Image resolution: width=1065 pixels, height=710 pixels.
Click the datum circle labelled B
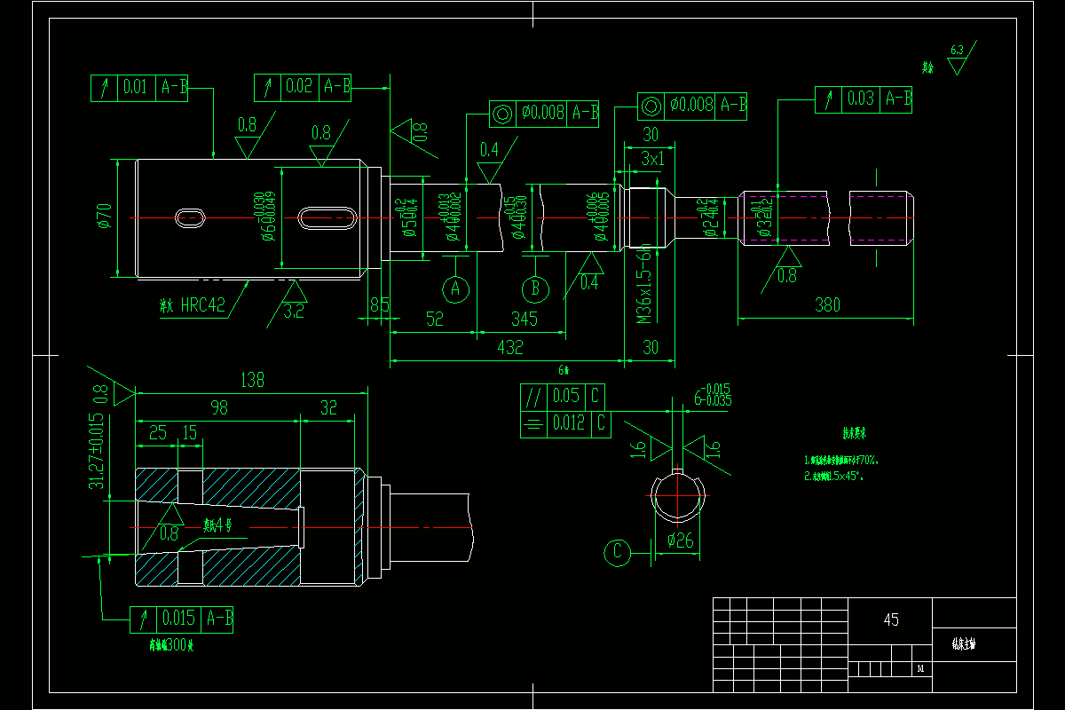535,288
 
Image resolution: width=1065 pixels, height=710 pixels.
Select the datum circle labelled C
617,553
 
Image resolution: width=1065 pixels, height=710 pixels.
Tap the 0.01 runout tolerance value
135,87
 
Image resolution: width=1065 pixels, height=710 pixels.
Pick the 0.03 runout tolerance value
860,99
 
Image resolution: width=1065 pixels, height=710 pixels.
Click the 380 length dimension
826,305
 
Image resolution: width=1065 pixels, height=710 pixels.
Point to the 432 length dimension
509,347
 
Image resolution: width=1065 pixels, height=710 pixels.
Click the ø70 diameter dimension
105,217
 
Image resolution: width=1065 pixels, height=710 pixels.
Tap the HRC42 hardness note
203,305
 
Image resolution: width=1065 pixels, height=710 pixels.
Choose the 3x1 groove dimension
652,159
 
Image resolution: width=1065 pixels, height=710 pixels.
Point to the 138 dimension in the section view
253,380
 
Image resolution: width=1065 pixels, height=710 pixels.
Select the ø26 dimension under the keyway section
679,540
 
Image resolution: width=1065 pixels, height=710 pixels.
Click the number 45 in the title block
891,619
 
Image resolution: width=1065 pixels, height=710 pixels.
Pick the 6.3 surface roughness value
957,51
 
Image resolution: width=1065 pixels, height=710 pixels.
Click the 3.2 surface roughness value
293,312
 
